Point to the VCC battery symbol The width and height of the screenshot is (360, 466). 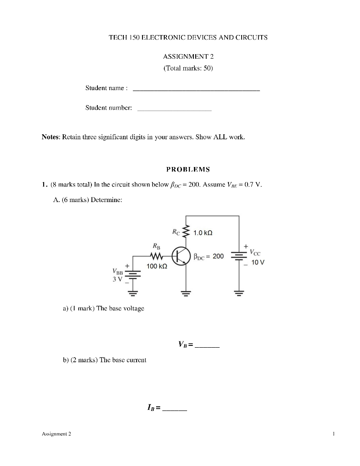pos(239,256)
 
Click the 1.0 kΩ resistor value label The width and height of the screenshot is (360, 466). pos(203,233)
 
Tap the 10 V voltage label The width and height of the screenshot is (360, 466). pos(258,263)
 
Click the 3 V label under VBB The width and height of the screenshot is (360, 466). pos(117,279)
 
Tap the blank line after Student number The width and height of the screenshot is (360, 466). pos(174,110)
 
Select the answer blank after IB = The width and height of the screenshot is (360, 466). pos(174,410)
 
